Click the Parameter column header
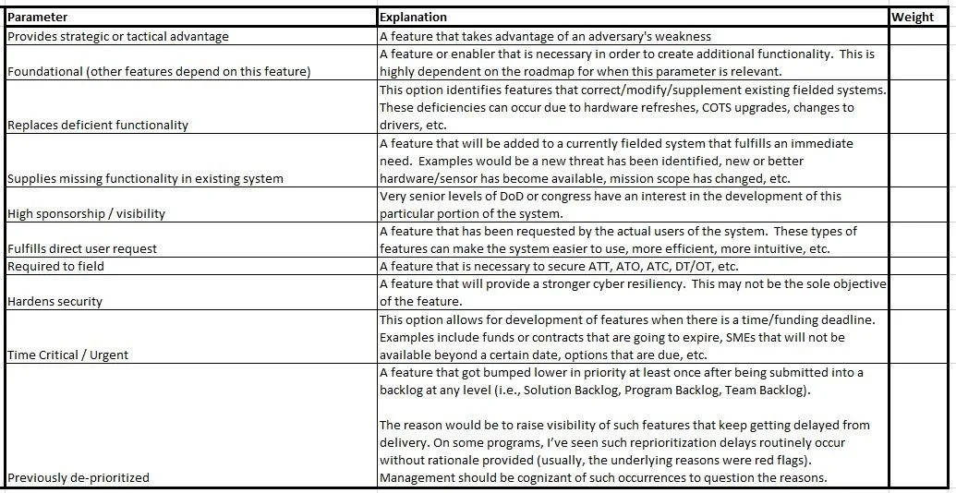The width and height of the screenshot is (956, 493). (x=38, y=17)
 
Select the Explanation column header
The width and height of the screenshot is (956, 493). (x=413, y=17)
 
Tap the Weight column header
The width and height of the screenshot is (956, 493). (x=913, y=17)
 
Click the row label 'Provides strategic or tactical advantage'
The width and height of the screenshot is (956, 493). (x=118, y=36)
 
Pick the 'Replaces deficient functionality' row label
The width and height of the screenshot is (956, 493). (x=97, y=125)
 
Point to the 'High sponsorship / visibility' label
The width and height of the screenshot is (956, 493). (x=86, y=213)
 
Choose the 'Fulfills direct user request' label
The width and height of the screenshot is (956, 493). (x=82, y=248)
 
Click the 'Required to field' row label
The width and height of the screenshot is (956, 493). (x=55, y=266)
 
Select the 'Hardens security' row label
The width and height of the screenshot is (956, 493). (x=54, y=301)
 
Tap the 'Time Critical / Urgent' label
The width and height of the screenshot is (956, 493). (x=67, y=355)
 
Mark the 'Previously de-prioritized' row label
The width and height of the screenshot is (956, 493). (x=78, y=477)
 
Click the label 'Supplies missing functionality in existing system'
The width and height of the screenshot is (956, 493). (x=145, y=178)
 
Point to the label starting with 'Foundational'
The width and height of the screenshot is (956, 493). (x=158, y=71)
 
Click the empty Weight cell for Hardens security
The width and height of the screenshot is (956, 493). (x=919, y=293)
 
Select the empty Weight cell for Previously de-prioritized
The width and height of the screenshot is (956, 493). (x=919, y=425)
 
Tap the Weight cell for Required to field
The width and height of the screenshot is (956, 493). (x=919, y=266)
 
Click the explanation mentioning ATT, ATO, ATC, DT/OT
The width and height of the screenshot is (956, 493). (x=559, y=266)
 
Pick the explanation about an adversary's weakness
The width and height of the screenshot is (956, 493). (x=545, y=36)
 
